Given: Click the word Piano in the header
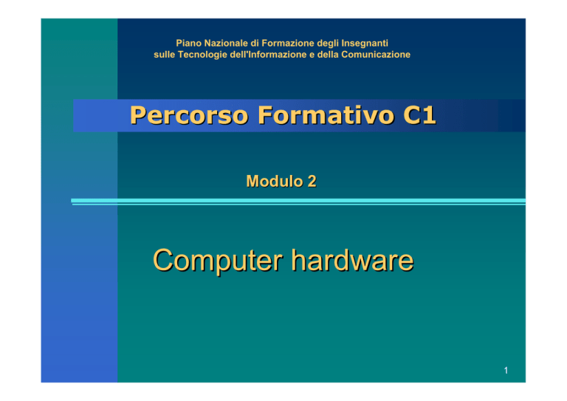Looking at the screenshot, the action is [x=188, y=44].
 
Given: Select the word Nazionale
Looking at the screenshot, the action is [x=227, y=44].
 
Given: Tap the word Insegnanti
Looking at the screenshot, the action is [x=365, y=44].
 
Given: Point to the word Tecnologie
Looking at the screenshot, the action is [x=202, y=55].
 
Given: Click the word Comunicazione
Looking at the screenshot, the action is [x=376, y=55].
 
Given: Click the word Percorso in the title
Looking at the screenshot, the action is [x=190, y=115].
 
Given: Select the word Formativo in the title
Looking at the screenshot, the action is [x=326, y=115].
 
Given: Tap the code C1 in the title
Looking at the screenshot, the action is [x=419, y=115].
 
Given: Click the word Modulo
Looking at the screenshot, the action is [x=275, y=181].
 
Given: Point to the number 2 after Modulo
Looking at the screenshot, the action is [x=312, y=181].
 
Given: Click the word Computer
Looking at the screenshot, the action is [x=218, y=261].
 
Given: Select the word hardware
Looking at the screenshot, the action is [x=353, y=260].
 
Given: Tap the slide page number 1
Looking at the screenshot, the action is [x=506, y=370].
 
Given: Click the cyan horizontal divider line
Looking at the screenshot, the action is [x=298, y=202].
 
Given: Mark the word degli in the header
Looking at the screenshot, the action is [x=328, y=44].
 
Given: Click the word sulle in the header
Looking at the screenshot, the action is [x=165, y=55].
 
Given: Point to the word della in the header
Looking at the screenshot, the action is [x=328, y=55].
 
